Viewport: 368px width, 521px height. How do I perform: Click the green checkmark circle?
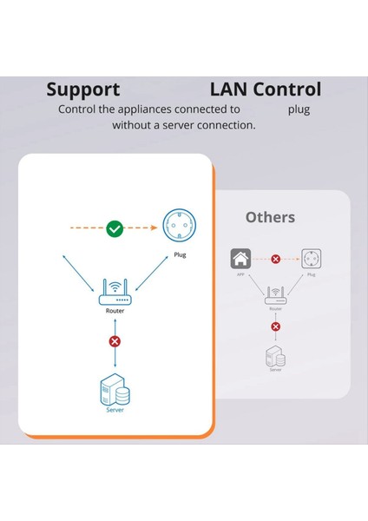115,229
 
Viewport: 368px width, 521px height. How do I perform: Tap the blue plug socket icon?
180,228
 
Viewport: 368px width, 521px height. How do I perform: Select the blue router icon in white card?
115,292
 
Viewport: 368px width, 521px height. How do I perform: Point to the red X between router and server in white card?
115,341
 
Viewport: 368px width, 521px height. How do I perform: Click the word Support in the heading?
82,89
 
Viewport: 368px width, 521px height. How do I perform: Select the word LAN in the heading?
230,89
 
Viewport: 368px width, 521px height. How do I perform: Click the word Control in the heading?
288,89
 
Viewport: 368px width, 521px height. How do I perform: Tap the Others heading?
270,217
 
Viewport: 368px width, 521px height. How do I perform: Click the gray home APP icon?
240,259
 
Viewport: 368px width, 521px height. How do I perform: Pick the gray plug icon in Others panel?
310,259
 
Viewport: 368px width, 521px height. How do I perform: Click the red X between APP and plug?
276,259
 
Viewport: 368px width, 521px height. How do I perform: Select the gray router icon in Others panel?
276,295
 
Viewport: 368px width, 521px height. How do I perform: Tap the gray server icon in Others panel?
276,354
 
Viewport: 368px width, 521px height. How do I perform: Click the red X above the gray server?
276,326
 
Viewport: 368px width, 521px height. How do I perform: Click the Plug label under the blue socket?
180,256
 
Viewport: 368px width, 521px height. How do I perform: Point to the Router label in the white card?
115,310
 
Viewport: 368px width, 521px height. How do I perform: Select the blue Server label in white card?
115,410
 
